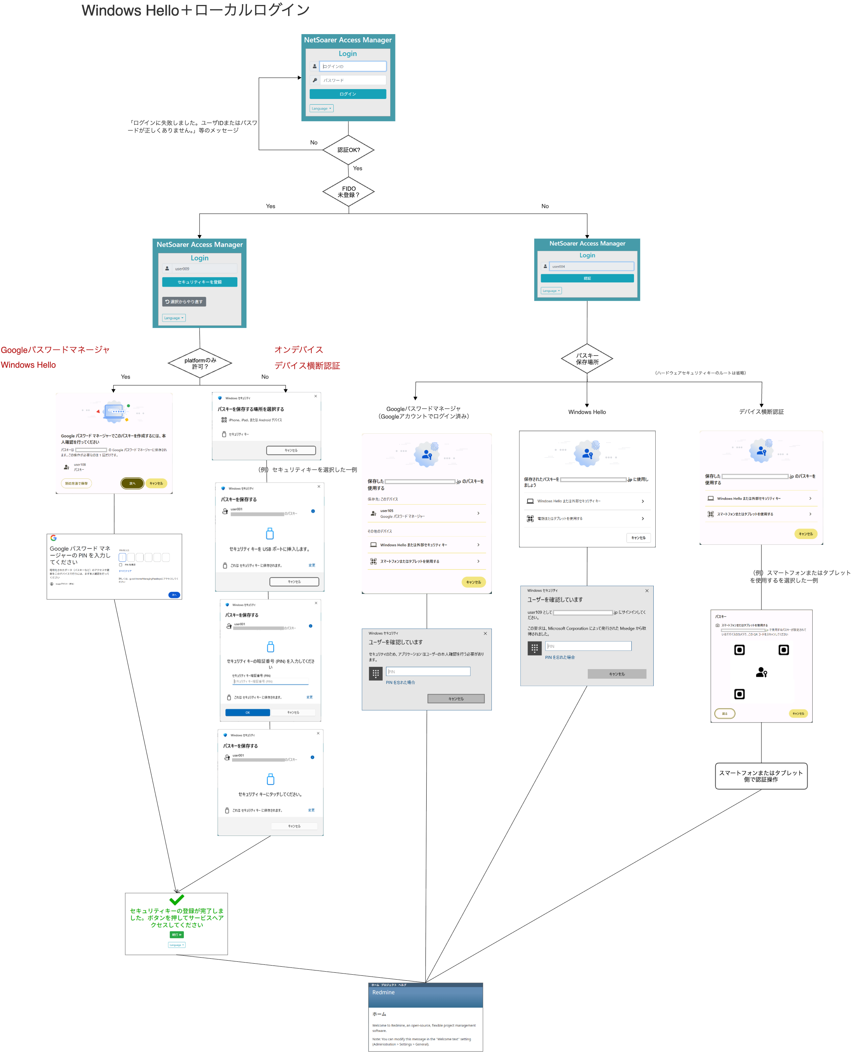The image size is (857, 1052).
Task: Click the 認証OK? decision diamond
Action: [348, 149]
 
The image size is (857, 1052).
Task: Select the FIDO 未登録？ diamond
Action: [348, 191]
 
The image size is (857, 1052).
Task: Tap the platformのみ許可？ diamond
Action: [200, 363]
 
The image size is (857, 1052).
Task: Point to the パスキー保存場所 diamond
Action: [587, 358]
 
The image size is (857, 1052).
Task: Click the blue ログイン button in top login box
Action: [347, 94]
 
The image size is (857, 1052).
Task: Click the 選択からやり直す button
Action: [184, 301]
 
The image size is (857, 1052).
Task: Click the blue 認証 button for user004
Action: [587, 278]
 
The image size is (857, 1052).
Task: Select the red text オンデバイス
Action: [299, 350]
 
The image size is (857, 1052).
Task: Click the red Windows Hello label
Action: [28, 365]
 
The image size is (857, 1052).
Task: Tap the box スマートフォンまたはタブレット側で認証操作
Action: [761, 776]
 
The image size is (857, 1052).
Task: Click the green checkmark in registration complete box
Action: [176, 899]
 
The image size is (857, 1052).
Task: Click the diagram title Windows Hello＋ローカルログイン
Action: [196, 10]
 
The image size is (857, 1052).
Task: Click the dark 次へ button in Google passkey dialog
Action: [132, 483]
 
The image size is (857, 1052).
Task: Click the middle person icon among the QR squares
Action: [761, 672]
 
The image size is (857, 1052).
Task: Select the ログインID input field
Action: [353, 66]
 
